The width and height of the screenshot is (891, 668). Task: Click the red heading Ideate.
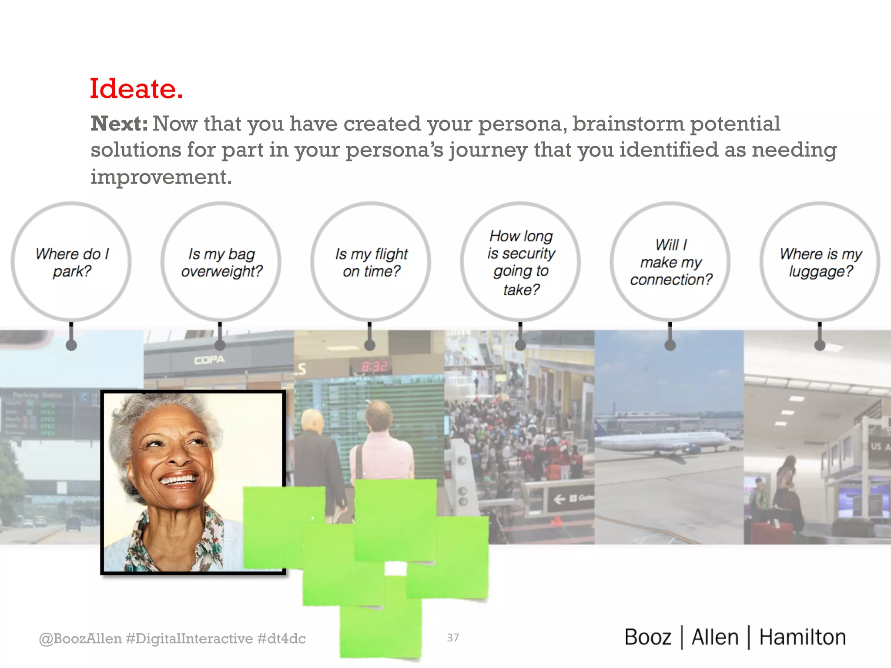(x=136, y=89)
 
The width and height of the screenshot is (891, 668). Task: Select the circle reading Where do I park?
(x=71, y=262)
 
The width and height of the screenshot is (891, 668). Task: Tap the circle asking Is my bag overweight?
(x=221, y=262)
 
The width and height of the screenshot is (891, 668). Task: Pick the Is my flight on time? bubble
(x=371, y=262)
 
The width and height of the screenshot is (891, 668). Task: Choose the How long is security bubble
(x=520, y=262)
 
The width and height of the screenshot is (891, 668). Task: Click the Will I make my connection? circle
(x=670, y=262)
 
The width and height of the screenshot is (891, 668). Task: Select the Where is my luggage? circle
(x=820, y=262)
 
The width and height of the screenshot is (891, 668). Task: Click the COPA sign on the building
(x=209, y=360)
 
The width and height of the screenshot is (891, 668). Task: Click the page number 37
(x=453, y=638)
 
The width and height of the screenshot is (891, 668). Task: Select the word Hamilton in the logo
(x=802, y=638)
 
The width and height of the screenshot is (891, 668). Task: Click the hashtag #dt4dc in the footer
(x=281, y=638)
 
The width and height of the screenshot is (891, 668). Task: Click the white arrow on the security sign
(x=559, y=499)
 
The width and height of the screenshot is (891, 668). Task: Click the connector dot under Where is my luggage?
(x=820, y=345)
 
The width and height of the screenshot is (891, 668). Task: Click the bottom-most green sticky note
(x=381, y=626)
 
